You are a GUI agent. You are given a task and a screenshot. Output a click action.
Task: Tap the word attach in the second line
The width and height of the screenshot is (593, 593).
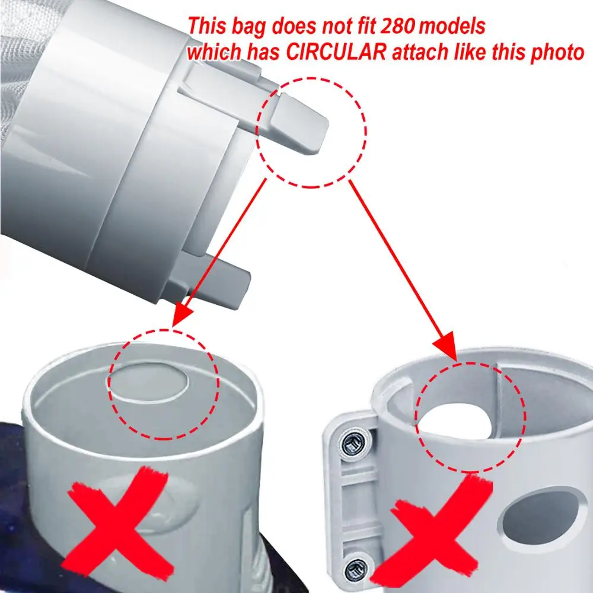pyautogui.click(x=424, y=52)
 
